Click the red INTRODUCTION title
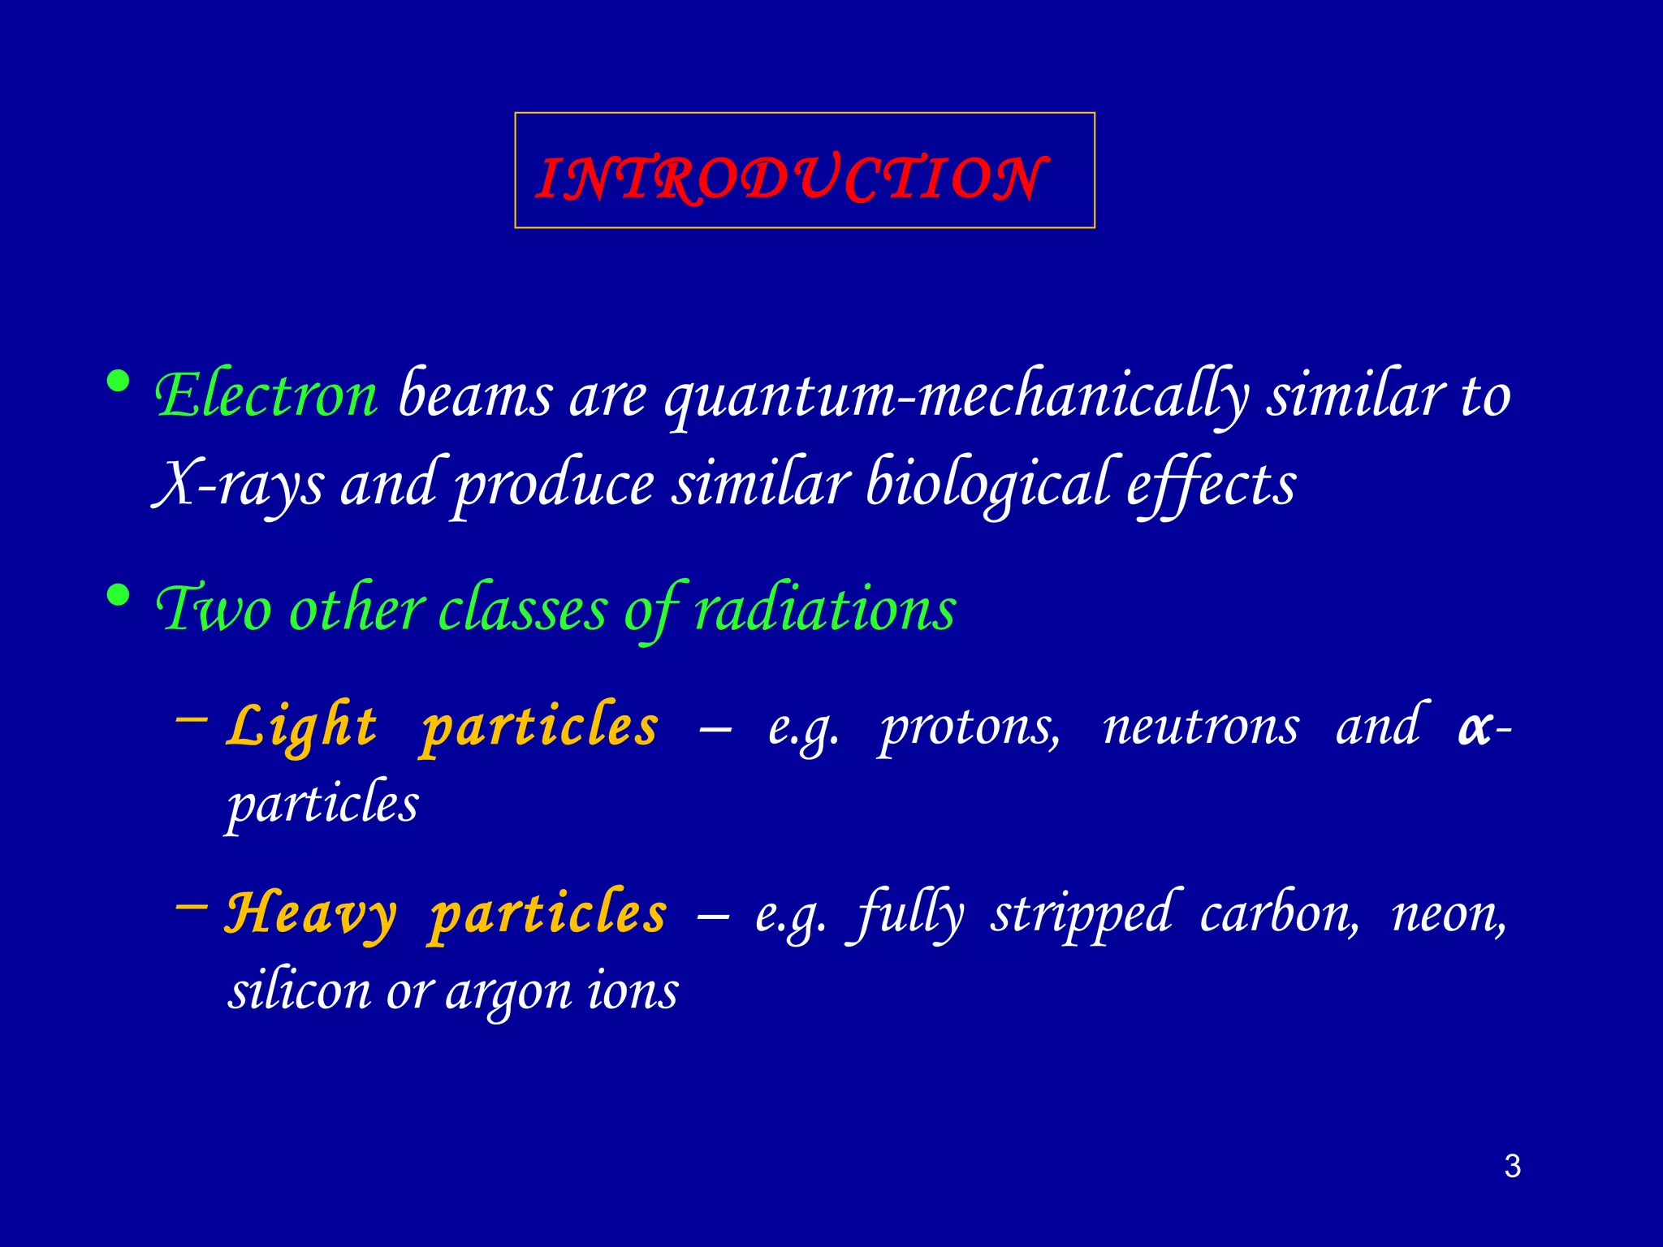pyautogui.click(x=792, y=178)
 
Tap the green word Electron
pyautogui.click(x=266, y=395)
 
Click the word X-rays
pyautogui.click(x=239, y=484)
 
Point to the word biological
pyautogui.click(x=987, y=484)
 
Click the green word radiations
pyautogui.click(x=825, y=609)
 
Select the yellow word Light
pyautogui.click(x=302, y=725)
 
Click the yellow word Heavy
pyautogui.click(x=311, y=913)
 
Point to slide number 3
pyautogui.click(x=1512, y=1167)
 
